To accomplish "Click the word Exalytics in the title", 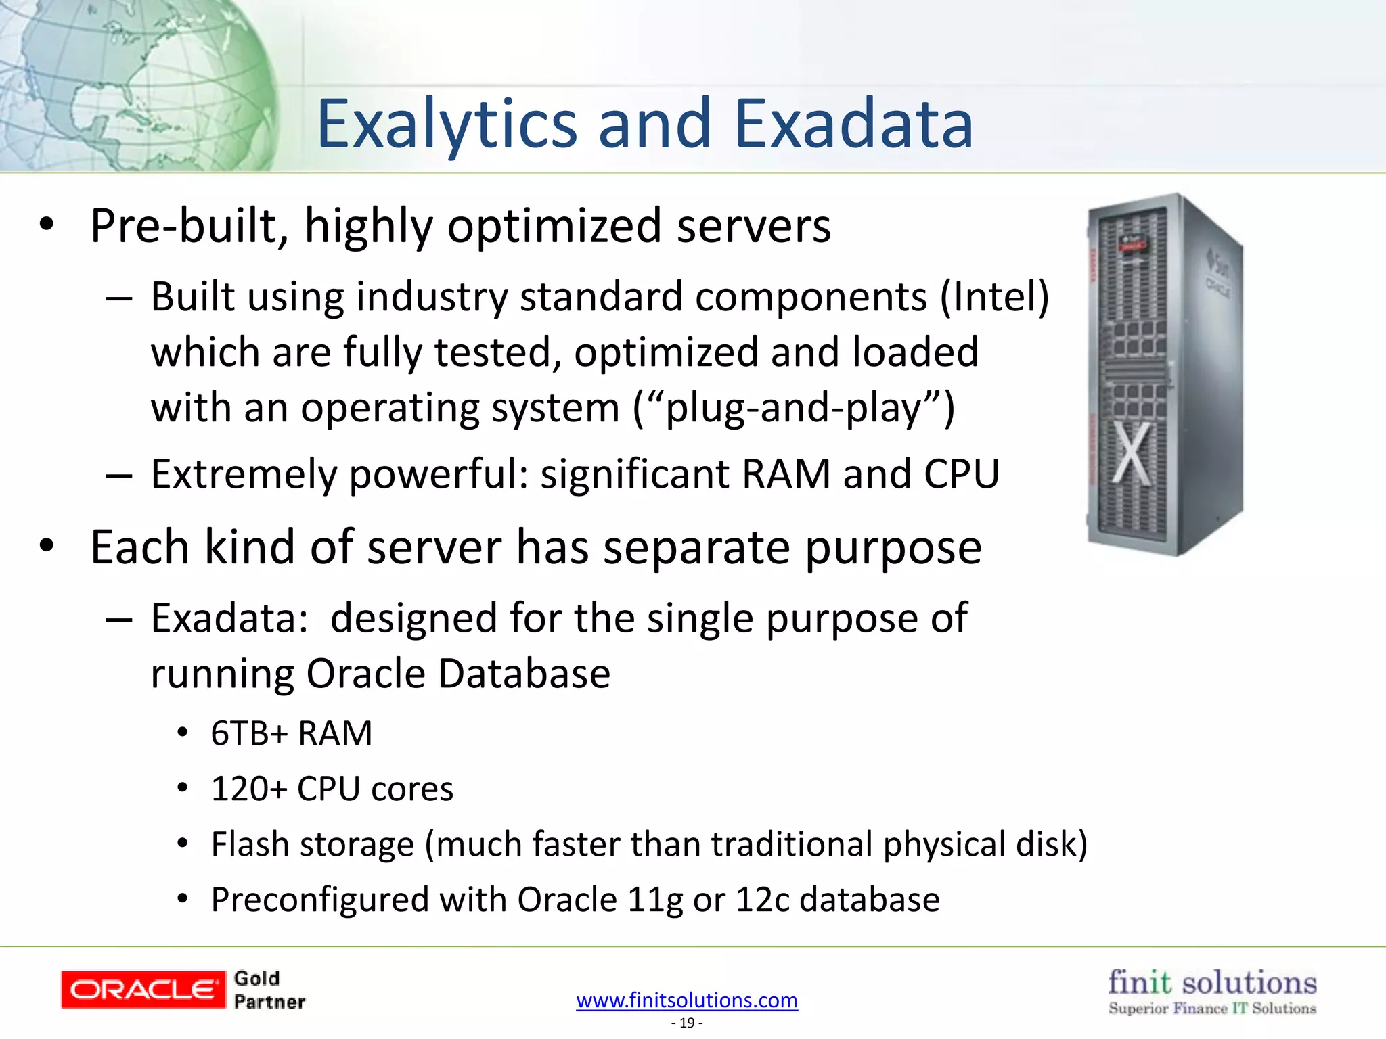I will coord(447,125).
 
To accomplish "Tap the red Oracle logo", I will coord(143,990).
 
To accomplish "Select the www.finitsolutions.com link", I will coord(687,1000).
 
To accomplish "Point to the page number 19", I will coord(687,1023).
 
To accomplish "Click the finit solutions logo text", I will coord(1212,982).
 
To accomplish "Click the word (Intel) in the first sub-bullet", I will coord(994,297).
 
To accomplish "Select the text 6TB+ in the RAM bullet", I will coord(250,733).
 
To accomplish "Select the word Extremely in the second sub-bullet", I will coord(244,474).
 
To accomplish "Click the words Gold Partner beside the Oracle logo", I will coord(269,990).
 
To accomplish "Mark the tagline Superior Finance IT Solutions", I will coord(1212,1009).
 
